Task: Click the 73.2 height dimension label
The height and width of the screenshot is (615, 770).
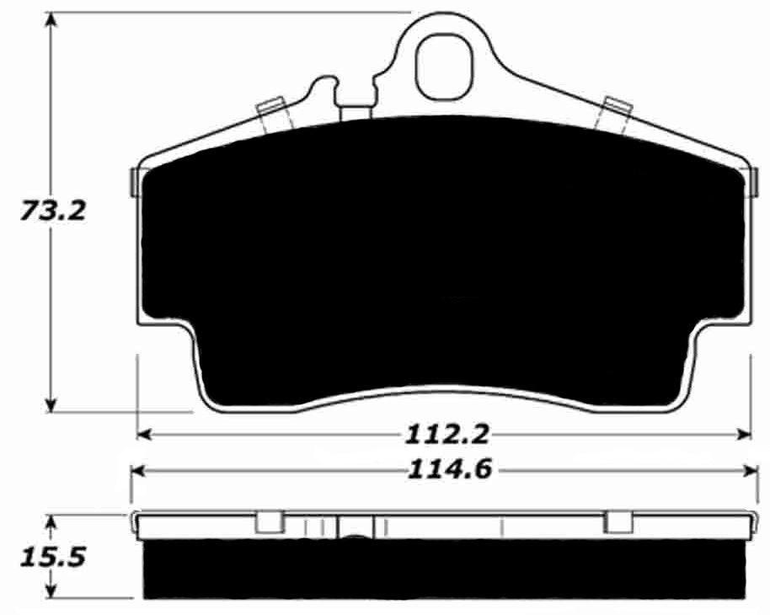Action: pyautogui.click(x=53, y=211)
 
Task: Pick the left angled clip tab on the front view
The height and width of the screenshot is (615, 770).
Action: pyautogui.click(x=272, y=115)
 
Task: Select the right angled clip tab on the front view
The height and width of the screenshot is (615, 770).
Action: pyautogui.click(x=614, y=113)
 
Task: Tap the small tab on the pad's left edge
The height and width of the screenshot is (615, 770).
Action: pyautogui.click(x=134, y=181)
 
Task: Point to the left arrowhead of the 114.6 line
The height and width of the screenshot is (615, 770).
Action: pyautogui.click(x=137, y=470)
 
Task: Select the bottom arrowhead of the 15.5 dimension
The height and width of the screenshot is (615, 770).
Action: pyautogui.click(x=53, y=591)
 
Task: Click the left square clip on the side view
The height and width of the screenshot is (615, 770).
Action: pyautogui.click(x=269, y=522)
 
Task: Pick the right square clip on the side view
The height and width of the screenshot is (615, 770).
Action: pyautogui.click(x=618, y=522)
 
